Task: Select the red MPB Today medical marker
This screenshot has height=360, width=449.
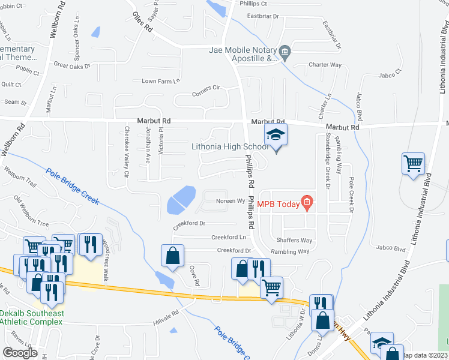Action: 307,204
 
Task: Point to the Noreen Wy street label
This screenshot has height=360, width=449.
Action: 228,202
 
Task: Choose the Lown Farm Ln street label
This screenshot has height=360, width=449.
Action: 160,81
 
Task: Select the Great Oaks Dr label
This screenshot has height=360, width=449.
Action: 71,65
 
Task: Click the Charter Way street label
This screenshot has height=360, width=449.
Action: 325,65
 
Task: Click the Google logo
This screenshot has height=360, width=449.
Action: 20,353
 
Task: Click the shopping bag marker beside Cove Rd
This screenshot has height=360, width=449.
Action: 172,254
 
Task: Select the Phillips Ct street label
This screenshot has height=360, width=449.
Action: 253,4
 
